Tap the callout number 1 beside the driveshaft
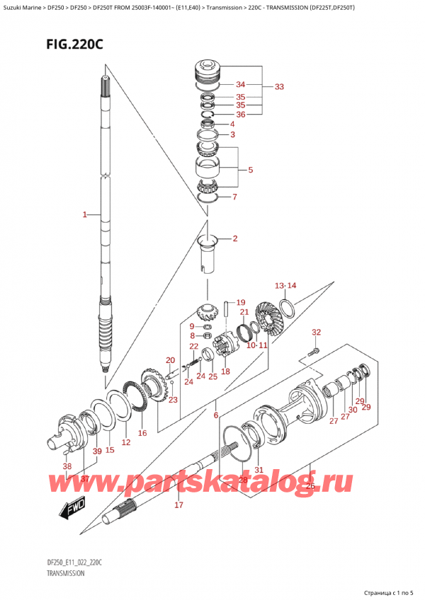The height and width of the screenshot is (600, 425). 84,214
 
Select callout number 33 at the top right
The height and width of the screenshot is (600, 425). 279,87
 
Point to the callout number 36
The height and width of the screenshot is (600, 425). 240,114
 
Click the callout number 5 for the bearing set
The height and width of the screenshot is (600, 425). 250,170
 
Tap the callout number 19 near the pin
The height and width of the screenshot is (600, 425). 241,302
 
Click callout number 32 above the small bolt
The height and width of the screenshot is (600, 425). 316,332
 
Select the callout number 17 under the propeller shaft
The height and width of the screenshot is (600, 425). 178,505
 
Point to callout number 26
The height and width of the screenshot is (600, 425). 310,485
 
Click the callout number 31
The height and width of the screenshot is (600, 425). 259,470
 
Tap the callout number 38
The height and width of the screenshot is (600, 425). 67,466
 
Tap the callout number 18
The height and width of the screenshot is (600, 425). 225,371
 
